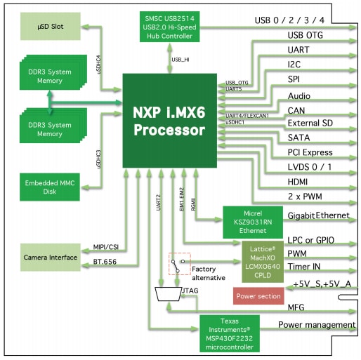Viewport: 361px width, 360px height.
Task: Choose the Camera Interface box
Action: [50, 258]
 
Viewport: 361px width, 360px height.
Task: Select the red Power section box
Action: [258, 295]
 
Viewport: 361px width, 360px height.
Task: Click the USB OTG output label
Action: [306, 35]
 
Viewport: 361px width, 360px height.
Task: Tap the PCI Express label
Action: [310, 152]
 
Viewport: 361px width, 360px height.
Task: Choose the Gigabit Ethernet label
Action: [317, 215]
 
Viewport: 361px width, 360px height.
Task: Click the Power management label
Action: [316, 325]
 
